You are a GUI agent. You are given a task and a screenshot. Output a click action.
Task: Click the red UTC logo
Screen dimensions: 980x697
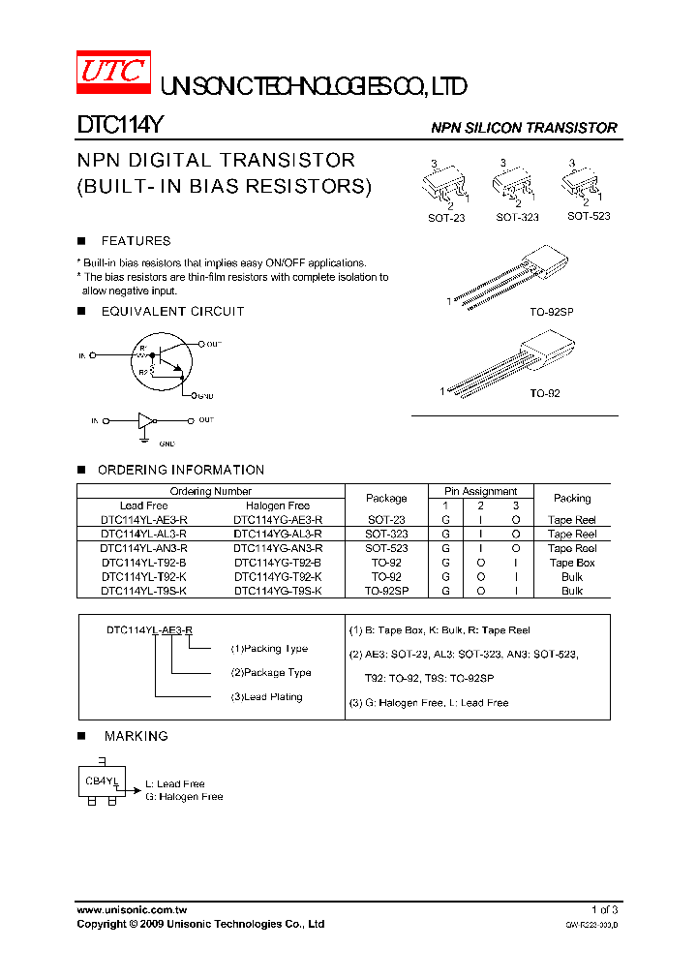114,74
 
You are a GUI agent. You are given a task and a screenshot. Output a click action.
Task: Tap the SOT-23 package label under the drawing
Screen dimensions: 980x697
446,218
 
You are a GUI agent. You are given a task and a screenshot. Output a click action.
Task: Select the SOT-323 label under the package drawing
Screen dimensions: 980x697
517,218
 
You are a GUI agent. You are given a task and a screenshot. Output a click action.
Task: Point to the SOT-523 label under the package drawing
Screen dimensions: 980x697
589,216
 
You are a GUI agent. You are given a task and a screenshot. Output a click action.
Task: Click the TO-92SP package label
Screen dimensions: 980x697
551,314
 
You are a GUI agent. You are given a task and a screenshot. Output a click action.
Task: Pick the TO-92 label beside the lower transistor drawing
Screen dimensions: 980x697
544,393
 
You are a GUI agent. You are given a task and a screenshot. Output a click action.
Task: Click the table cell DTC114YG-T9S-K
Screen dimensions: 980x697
278,591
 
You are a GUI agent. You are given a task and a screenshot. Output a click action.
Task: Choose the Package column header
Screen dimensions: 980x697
386,498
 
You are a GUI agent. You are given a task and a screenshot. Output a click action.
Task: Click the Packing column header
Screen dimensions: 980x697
572,498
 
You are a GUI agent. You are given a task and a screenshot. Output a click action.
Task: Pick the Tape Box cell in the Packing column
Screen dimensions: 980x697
572,563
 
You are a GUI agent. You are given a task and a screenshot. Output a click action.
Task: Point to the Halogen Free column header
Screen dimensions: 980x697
278,505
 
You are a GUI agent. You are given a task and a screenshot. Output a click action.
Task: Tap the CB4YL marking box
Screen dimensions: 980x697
101,781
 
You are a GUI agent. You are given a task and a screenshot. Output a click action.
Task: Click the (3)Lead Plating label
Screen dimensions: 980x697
266,697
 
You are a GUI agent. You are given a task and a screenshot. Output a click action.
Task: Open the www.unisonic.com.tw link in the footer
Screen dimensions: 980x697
132,909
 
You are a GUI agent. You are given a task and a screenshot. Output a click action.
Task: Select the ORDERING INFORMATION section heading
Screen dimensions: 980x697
181,470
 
